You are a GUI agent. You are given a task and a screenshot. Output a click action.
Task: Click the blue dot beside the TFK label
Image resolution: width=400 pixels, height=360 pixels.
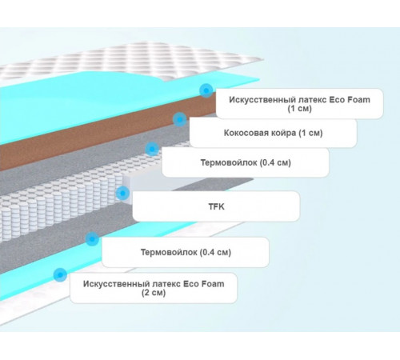122,193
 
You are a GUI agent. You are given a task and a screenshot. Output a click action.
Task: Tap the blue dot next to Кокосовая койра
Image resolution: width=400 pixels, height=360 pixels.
179,119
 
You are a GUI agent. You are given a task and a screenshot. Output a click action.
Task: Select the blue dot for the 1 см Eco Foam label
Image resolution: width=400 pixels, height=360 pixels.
206,90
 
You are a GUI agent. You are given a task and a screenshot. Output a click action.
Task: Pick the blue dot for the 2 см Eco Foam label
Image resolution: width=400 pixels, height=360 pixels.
60,274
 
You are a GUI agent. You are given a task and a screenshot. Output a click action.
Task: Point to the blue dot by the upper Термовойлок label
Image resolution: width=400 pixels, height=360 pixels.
152,149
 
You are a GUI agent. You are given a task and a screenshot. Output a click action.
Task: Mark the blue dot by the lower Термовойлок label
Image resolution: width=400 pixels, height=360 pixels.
92,238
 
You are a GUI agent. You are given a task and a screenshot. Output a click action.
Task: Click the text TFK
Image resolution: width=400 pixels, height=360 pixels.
216,206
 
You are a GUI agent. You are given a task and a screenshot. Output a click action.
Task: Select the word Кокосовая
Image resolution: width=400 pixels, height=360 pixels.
246,133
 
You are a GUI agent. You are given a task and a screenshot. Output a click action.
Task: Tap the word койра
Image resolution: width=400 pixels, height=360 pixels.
283,133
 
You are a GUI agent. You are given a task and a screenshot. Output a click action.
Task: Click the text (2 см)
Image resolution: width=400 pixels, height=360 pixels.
154,293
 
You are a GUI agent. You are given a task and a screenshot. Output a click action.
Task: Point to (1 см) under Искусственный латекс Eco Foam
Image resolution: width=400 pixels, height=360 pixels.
299,109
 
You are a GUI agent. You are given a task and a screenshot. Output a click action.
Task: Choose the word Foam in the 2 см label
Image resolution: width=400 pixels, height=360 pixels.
213,284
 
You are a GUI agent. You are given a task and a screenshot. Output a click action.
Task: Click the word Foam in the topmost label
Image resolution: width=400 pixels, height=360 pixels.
358,100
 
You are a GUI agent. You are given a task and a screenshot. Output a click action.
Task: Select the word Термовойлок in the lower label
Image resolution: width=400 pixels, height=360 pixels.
166,252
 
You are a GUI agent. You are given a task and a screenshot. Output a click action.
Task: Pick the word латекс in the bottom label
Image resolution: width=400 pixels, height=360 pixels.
166,284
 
